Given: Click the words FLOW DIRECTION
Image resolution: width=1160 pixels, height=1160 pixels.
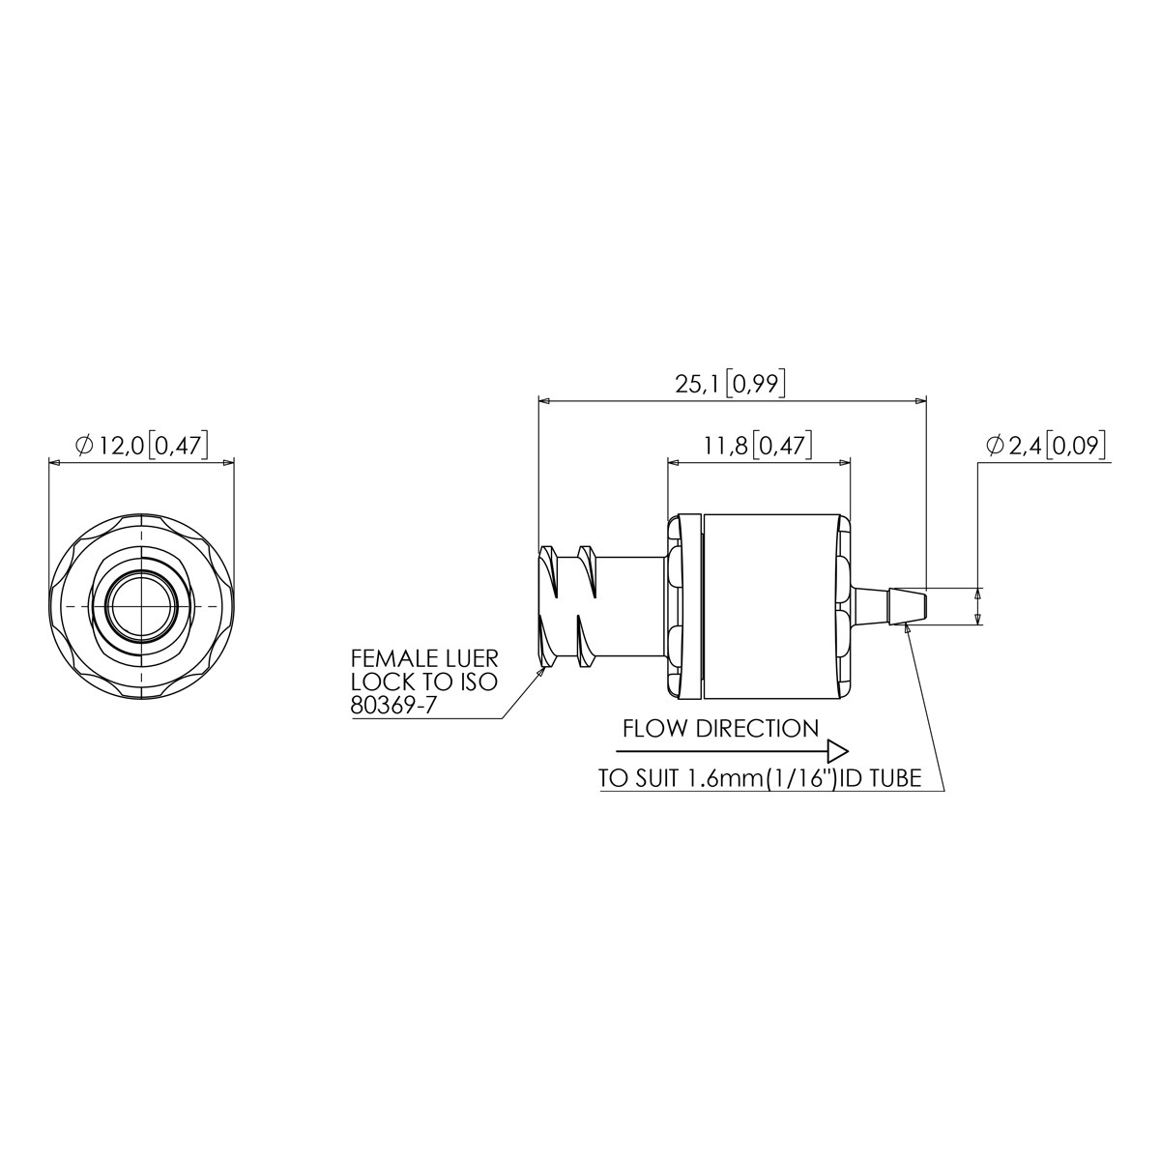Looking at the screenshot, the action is click(720, 729).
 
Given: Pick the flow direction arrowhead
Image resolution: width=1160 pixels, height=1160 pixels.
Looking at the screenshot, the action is click(838, 752).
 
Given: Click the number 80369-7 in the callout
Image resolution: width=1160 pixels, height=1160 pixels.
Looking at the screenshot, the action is click(391, 706).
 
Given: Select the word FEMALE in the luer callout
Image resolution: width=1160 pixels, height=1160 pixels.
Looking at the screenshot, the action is click(389, 658).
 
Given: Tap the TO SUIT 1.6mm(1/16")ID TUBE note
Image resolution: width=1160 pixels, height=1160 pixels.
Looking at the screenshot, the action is click(760, 778).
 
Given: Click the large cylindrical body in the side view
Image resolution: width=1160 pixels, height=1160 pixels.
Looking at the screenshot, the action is click(771, 606).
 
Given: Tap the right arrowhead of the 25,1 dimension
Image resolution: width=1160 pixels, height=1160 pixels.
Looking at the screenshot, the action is click(920, 400).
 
